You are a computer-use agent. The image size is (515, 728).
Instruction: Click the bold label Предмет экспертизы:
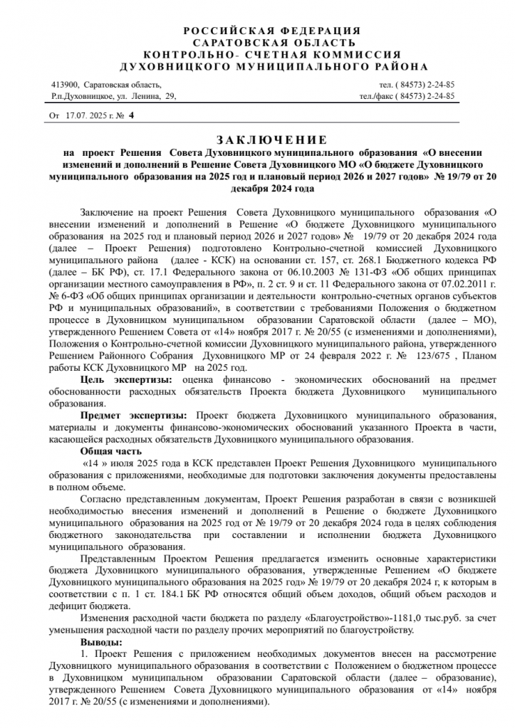tap(133, 414)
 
